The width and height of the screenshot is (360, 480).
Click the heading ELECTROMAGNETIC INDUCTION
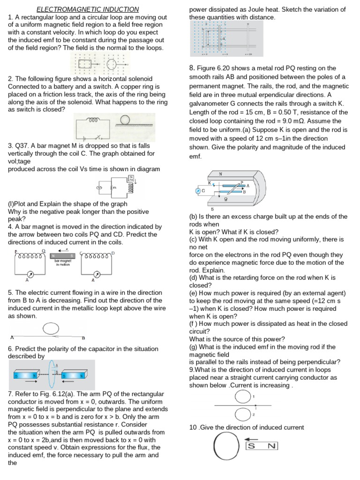[88, 9]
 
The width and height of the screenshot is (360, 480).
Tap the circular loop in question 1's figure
[111, 64]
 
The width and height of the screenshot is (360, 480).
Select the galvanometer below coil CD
[97, 274]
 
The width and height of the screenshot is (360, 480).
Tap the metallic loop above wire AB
[50, 329]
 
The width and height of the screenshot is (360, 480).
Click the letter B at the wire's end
[83, 338]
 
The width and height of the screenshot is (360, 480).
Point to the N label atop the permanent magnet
[220, 174]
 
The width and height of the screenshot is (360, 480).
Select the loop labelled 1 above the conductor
[242, 397]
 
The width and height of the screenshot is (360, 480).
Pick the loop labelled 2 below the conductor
[242, 414]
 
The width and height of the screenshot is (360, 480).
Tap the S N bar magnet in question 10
[262, 446]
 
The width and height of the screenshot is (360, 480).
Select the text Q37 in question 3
[22, 145]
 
